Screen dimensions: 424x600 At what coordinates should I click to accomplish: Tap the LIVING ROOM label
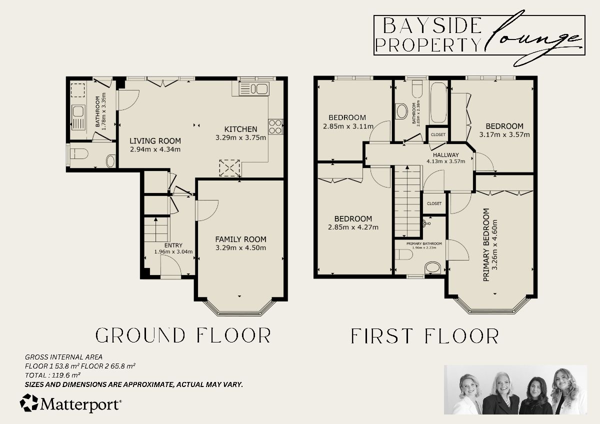pyautogui.click(x=155, y=140)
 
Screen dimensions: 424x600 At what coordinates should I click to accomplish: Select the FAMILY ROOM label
pyautogui.click(x=240, y=239)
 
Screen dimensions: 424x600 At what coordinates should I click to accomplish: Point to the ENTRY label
pyautogui.click(x=173, y=245)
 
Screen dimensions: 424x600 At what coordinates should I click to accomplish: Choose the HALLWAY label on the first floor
pyautogui.click(x=445, y=154)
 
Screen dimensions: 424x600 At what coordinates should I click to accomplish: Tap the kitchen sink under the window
pyautogui.click(x=254, y=89)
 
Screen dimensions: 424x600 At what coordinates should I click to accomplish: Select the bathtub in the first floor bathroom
pyautogui.click(x=438, y=102)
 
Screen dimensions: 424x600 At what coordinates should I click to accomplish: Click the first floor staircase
pyautogui.click(x=407, y=197)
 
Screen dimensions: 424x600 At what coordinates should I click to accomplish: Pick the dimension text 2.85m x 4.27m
pyautogui.click(x=353, y=227)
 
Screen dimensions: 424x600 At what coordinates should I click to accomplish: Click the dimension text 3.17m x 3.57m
pyautogui.click(x=504, y=134)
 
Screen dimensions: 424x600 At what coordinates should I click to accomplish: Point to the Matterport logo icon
pyautogui.click(x=28, y=403)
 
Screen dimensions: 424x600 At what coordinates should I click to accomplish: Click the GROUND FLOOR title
pyautogui.click(x=183, y=335)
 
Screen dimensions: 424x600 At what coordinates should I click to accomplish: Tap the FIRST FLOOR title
pyautogui.click(x=424, y=336)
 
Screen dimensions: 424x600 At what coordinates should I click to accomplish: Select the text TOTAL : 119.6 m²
pyautogui.click(x=53, y=374)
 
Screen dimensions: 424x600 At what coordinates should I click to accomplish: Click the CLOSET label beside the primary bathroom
pyautogui.click(x=434, y=203)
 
